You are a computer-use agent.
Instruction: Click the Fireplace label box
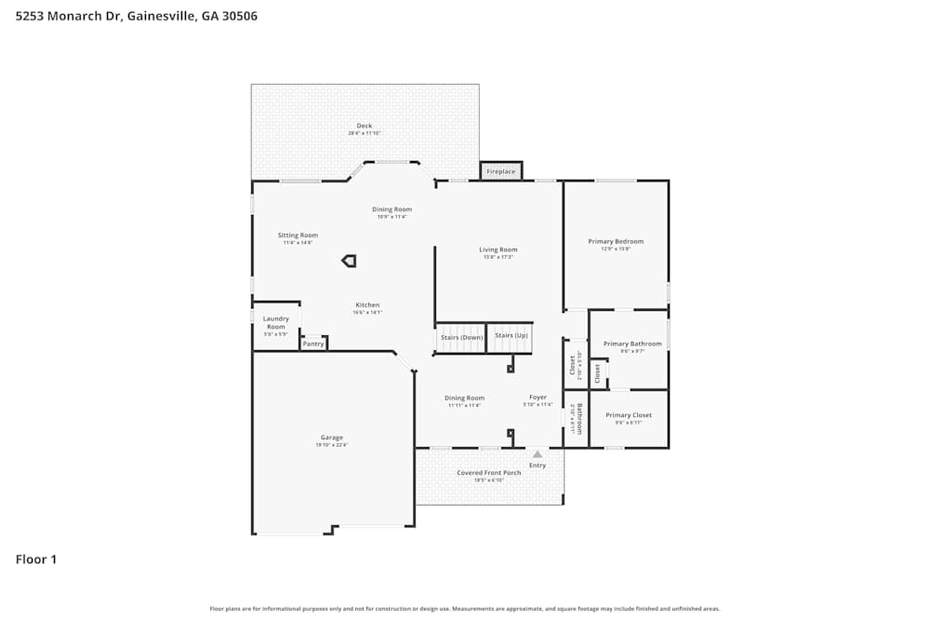click(500, 171)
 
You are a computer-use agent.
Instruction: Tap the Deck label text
click(365, 126)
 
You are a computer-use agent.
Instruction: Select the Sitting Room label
click(298, 236)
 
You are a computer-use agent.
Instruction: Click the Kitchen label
click(367, 305)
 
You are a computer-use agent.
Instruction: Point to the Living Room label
click(498, 250)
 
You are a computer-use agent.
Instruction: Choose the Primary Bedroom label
click(616, 241)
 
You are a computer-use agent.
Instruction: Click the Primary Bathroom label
click(632, 344)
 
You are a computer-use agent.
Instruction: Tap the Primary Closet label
click(629, 415)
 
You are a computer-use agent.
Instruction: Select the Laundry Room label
click(276, 322)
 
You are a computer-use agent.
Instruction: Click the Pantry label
click(313, 344)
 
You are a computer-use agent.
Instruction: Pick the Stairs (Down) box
click(461, 336)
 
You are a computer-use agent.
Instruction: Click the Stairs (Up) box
click(511, 335)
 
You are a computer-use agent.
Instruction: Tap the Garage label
click(332, 438)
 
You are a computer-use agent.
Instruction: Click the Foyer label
click(538, 398)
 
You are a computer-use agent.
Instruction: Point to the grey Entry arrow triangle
click(538, 454)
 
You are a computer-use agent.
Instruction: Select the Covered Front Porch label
click(489, 473)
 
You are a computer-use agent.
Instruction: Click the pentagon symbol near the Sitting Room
click(349, 261)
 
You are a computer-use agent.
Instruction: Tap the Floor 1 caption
click(36, 560)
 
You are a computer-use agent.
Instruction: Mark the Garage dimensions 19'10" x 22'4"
click(332, 446)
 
